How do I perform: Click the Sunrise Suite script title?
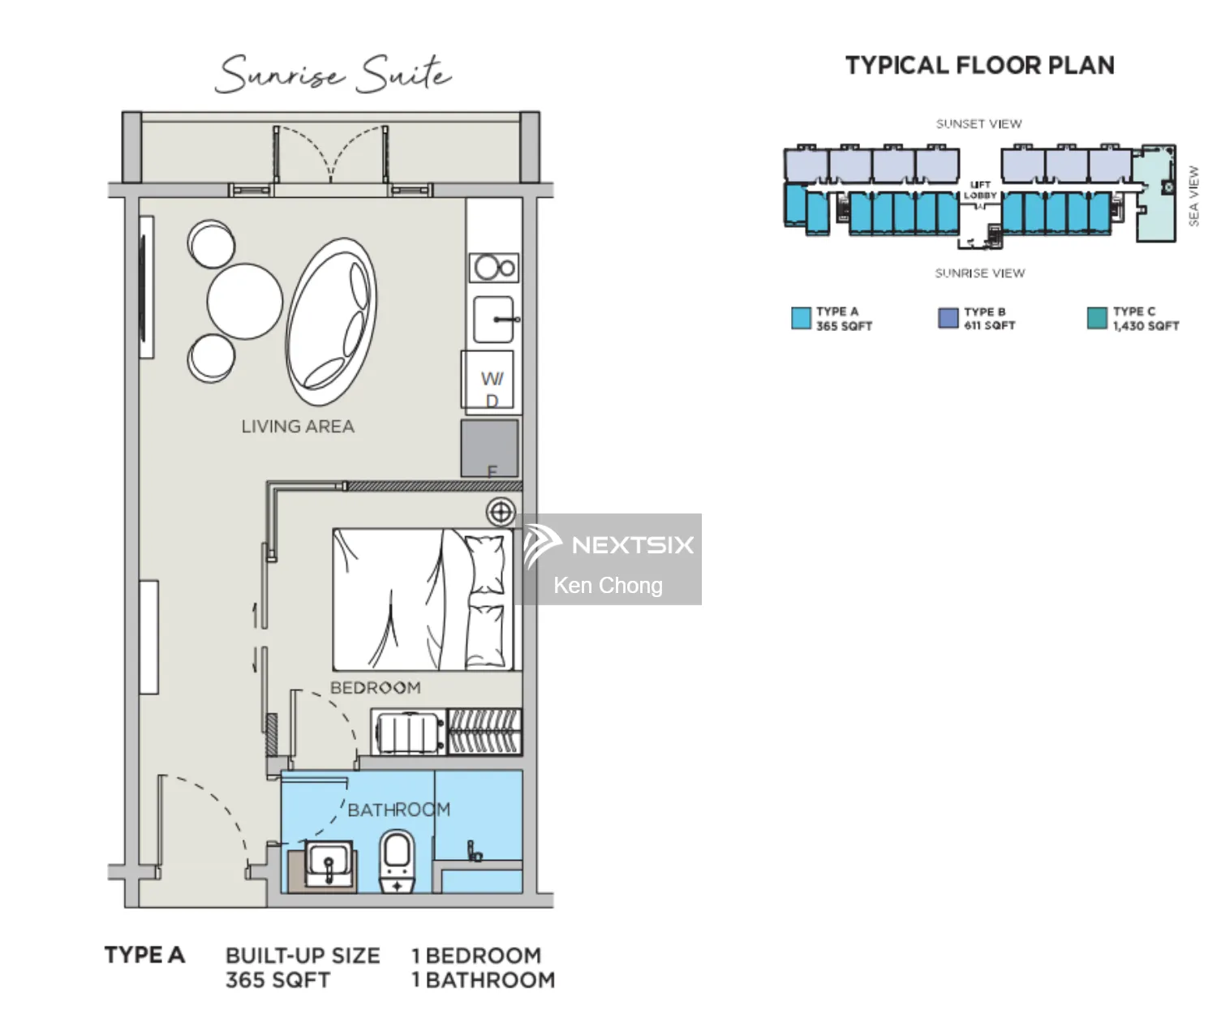pyautogui.click(x=333, y=73)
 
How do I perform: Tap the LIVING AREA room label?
pyautogui.click(x=298, y=427)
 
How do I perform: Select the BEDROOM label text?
pyautogui.click(x=375, y=688)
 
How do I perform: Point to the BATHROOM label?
pyautogui.click(x=398, y=810)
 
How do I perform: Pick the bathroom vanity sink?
pyautogui.click(x=329, y=864)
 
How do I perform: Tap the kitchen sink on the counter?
pyautogui.click(x=494, y=320)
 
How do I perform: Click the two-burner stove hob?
pyautogui.click(x=494, y=267)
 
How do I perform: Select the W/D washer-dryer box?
pyautogui.click(x=489, y=380)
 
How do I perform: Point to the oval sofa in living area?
pyautogui.click(x=332, y=321)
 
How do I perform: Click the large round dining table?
pyautogui.click(x=244, y=301)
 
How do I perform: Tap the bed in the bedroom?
pyautogui.click(x=422, y=599)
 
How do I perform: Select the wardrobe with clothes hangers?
pyautogui.click(x=484, y=732)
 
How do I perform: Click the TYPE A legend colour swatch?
pyautogui.click(x=801, y=318)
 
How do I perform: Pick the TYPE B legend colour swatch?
pyautogui.click(x=948, y=318)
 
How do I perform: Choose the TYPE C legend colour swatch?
pyautogui.click(x=1097, y=318)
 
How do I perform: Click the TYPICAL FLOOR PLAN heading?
pyautogui.click(x=979, y=66)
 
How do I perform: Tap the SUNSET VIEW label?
pyautogui.click(x=978, y=124)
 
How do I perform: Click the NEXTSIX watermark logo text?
pyautogui.click(x=632, y=545)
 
